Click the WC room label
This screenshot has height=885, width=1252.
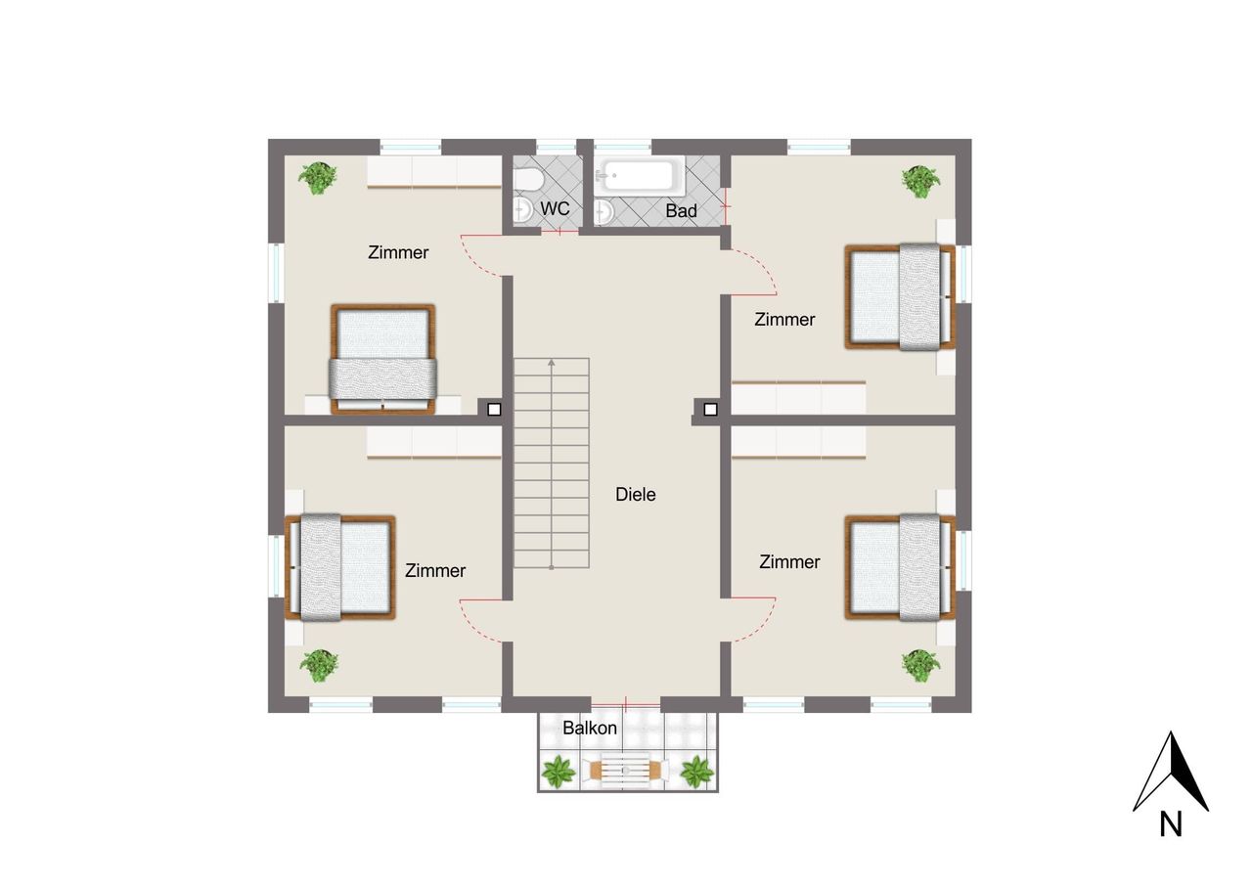(x=555, y=208)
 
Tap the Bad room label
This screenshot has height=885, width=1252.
(x=681, y=210)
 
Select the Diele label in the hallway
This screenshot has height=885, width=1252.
(x=635, y=494)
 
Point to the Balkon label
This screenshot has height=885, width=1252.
(x=590, y=728)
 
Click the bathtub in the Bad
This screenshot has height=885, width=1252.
(x=639, y=175)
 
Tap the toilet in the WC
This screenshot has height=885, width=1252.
(x=528, y=180)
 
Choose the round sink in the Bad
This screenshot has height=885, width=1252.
(x=604, y=212)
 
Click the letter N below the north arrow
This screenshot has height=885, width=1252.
(x=1171, y=823)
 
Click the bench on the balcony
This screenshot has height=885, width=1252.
(x=625, y=771)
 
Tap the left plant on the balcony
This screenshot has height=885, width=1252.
(x=558, y=772)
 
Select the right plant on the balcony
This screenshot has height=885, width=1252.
(x=696, y=772)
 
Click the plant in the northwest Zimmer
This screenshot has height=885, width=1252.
(x=318, y=178)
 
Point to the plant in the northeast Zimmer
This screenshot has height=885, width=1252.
(x=920, y=181)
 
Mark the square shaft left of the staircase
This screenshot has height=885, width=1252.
(x=494, y=410)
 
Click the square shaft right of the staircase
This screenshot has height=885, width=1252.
(x=710, y=410)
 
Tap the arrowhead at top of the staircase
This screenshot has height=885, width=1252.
(x=551, y=363)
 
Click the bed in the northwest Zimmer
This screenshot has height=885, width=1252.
(x=382, y=359)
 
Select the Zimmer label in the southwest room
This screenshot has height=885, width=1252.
(x=435, y=570)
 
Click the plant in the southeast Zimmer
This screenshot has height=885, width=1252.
(x=920, y=665)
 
